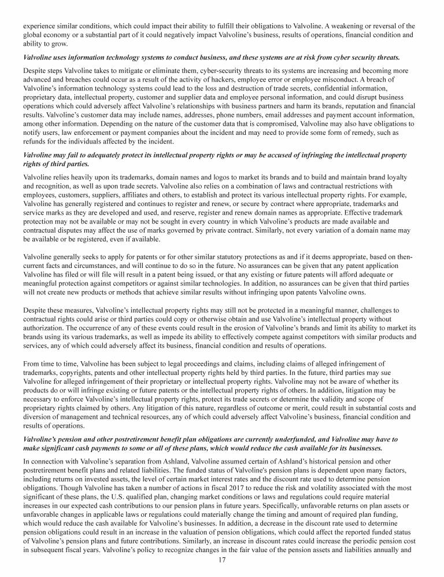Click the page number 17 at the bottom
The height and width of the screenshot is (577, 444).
222,560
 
